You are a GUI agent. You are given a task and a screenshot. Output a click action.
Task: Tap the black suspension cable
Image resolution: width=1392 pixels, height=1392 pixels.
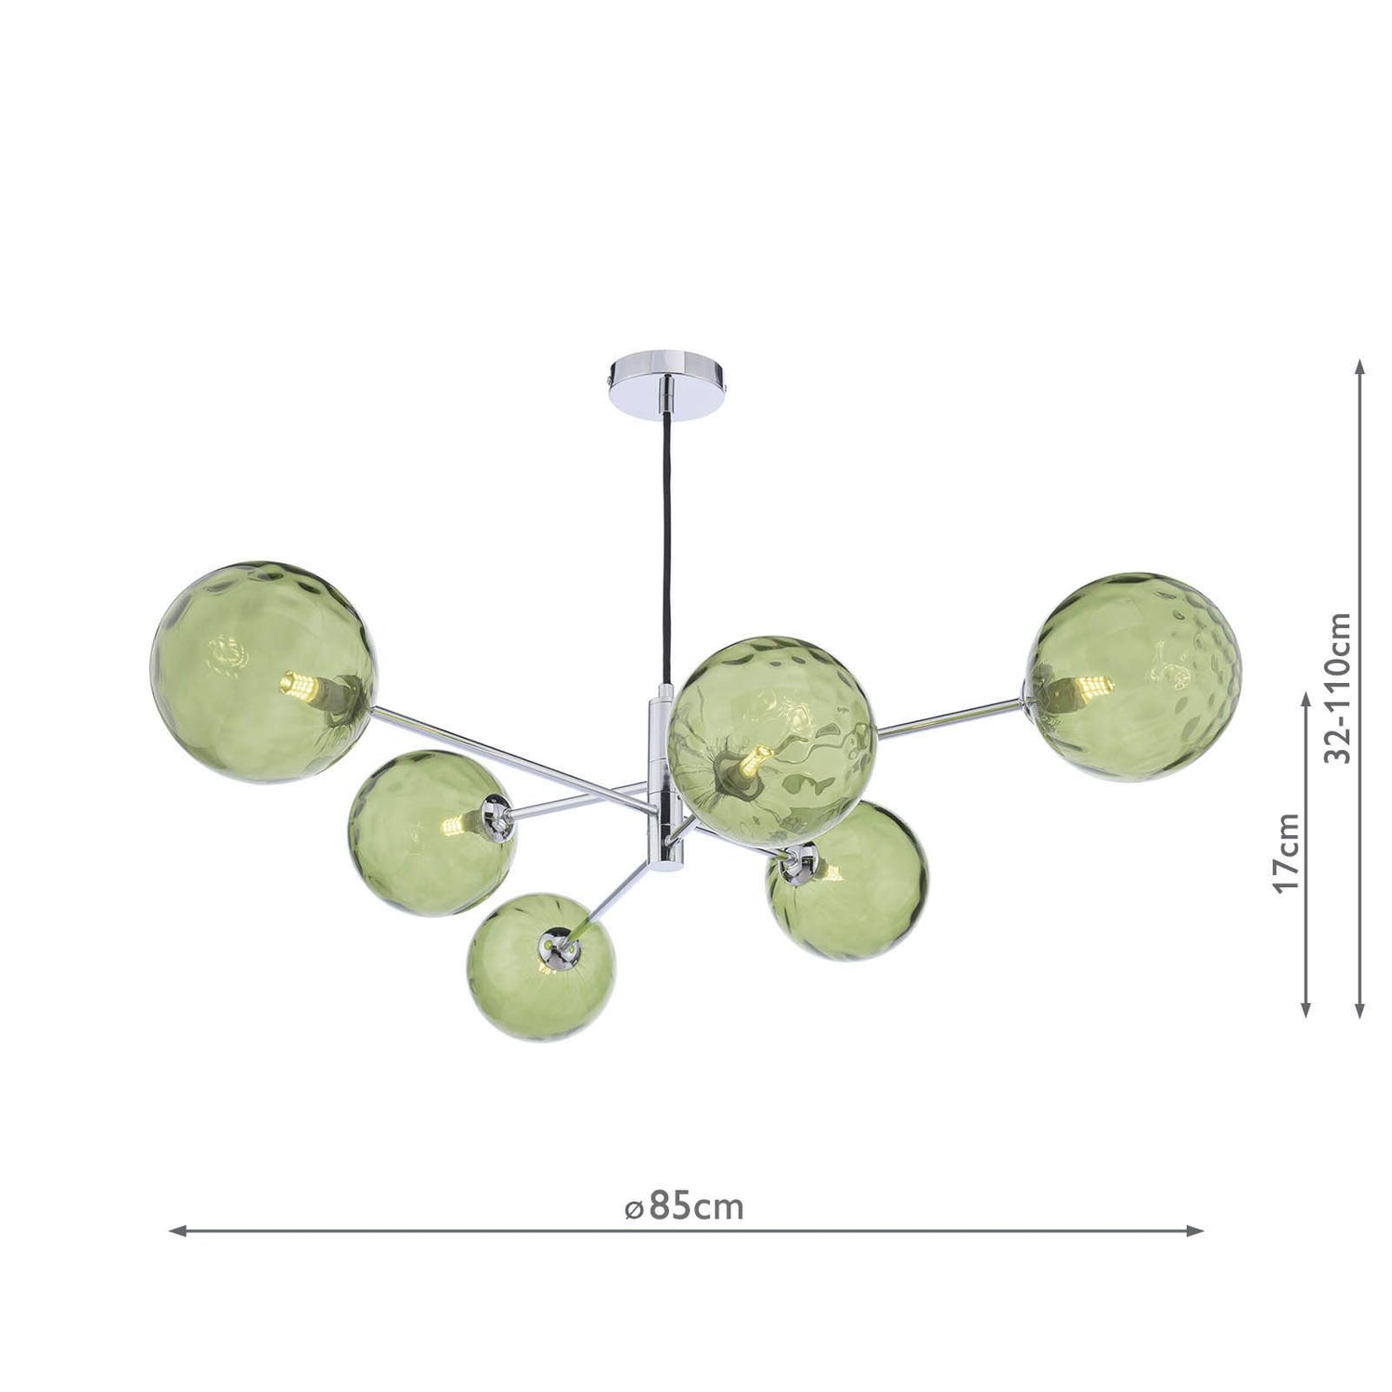[665, 553]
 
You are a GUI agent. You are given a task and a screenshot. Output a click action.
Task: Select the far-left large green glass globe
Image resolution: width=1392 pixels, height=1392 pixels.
[263, 672]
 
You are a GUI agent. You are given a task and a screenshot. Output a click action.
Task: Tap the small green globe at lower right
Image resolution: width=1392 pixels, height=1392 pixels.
[846, 880]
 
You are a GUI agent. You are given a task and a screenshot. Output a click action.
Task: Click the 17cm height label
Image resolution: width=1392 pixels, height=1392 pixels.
[1287, 852]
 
